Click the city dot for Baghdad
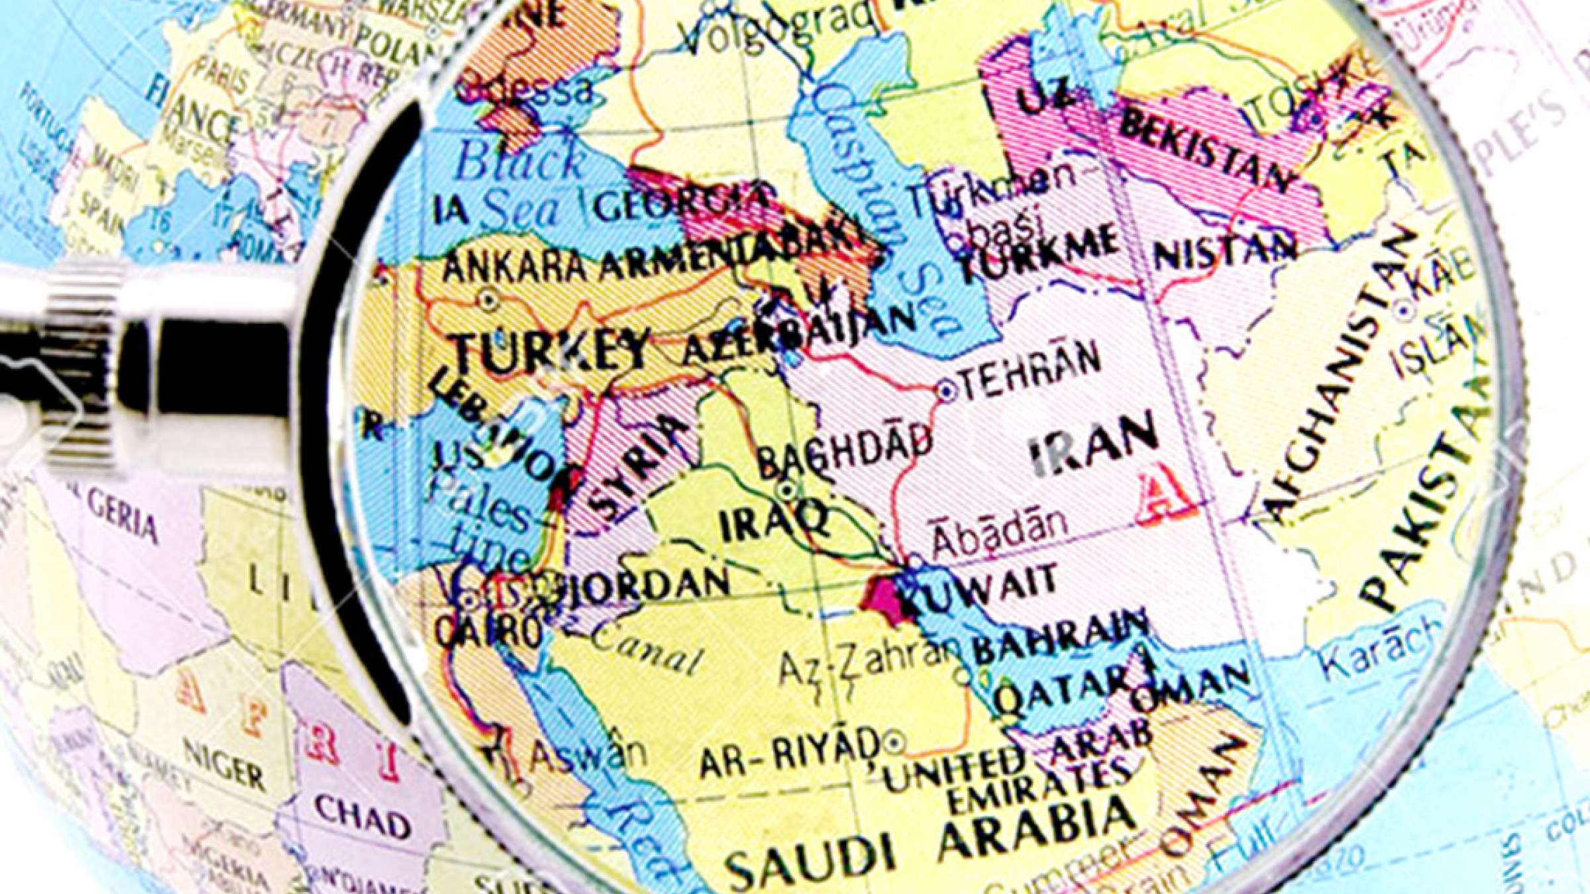pyautogui.click(x=787, y=491)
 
